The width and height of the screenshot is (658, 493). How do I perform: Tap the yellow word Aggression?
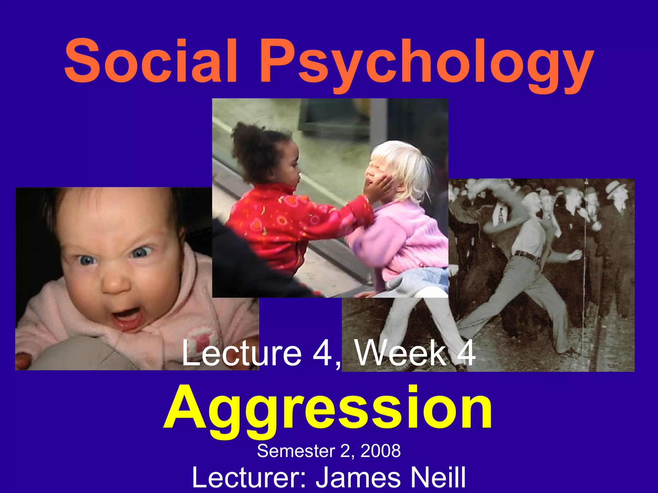(x=328, y=409)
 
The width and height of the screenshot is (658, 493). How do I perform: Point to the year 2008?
(x=381, y=451)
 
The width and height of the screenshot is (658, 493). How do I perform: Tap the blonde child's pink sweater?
(x=405, y=238)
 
